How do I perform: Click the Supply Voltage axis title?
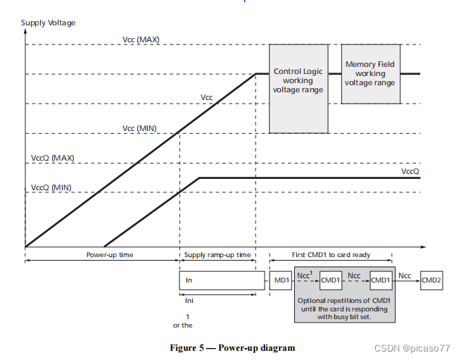pyautogui.click(x=48, y=23)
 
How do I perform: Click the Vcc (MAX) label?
pyautogui.click(x=141, y=39)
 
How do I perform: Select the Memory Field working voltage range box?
pyautogui.click(x=370, y=73)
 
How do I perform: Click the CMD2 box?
pyautogui.click(x=431, y=280)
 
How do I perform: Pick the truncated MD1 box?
pyautogui.click(x=282, y=280)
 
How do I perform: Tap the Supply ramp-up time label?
pyautogui.click(x=217, y=254)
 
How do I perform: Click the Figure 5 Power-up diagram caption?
pyautogui.click(x=232, y=347)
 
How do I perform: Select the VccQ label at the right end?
pyautogui.click(x=410, y=171)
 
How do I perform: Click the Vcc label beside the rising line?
pyautogui.click(x=206, y=97)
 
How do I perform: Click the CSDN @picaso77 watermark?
pyautogui.click(x=417, y=348)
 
